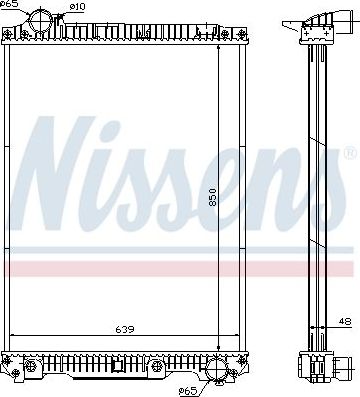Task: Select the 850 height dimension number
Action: (x=211, y=198)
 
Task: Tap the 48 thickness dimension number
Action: (x=343, y=321)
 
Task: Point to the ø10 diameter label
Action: (x=78, y=9)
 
